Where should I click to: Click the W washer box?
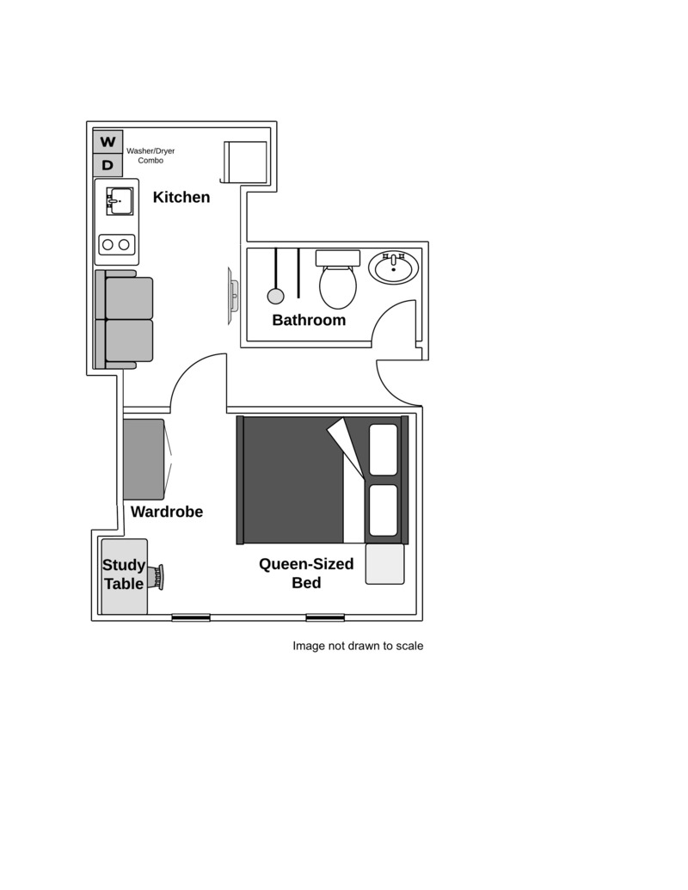(107, 141)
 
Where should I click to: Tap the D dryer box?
(107, 165)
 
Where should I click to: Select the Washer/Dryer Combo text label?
(150, 156)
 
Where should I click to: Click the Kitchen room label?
(181, 197)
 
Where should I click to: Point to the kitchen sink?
(120, 201)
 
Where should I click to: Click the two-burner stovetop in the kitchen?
(117, 244)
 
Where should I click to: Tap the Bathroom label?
(309, 320)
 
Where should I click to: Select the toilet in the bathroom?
(338, 279)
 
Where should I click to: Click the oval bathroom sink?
(393, 268)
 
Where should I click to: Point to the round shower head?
(275, 296)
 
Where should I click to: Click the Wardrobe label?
(167, 512)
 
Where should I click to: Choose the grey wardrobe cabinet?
(144, 460)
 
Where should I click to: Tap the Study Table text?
(124, 574)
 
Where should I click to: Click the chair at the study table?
(157, 577)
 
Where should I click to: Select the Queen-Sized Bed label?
(306, 574)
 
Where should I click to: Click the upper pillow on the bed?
(384, 450)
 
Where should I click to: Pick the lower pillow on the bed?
(384, 510)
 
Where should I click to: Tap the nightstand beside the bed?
(385, 564)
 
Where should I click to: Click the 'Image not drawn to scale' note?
(358, 646)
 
